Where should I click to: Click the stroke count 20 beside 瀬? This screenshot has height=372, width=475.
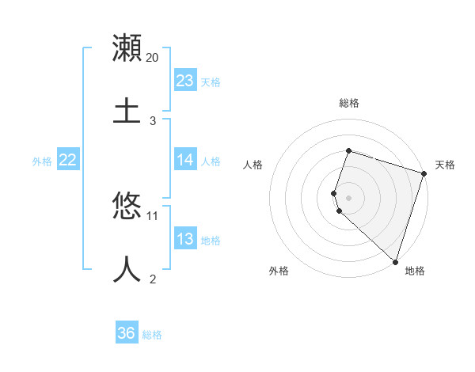(x=153, y=58)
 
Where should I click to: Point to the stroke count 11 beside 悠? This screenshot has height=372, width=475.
(x=153, y=215)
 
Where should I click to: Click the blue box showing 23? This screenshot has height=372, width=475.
(x=185, y=80)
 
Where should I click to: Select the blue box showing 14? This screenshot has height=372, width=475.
(x=185, y=160)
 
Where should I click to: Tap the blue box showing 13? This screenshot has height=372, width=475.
(x=185, y=239)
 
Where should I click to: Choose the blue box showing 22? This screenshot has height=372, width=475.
(x=68, y=160)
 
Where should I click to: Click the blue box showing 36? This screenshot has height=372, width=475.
(x=127, y=333)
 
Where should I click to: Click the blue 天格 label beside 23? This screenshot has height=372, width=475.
(x=211, y=82)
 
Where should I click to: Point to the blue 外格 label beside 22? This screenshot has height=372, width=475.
(x=42, y=161)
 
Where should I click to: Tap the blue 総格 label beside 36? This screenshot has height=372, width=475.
(x=152, y=335)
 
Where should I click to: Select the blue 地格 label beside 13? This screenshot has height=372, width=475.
(x=211, y=241)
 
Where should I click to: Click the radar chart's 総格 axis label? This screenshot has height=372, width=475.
(x=348, y=103)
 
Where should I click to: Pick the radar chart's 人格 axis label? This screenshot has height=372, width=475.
(x=253, y=165)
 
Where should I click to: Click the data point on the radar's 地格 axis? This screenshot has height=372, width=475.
(x=394, y=261)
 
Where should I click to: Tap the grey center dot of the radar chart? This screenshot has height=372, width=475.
(x=348, y=197)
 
